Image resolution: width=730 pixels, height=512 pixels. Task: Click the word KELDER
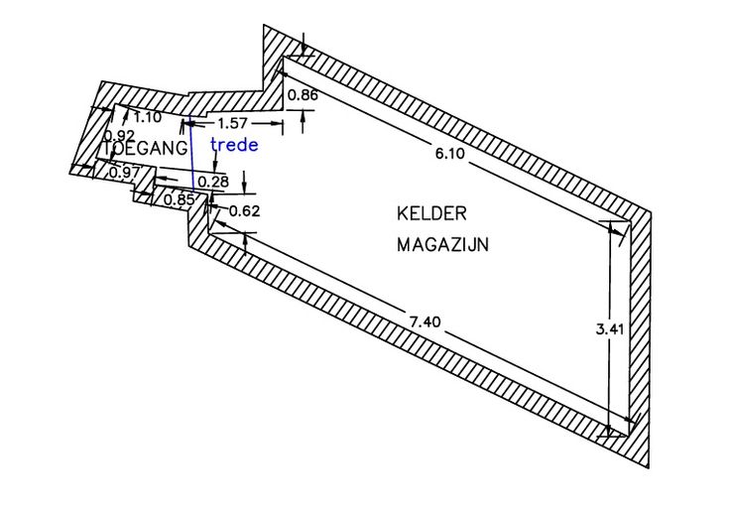coord(431,213)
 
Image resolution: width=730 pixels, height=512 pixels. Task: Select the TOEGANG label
coord(145,148)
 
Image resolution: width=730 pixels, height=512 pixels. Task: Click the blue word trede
coord(235,145)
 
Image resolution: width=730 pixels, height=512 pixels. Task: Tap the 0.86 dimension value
coord(302,96)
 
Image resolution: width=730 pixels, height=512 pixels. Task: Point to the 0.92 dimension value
coord(119,135)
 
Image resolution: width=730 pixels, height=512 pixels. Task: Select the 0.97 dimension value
coord(124,173)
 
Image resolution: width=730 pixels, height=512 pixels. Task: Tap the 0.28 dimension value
coord(213,181)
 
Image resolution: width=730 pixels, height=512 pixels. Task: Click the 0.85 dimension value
coord(179,198)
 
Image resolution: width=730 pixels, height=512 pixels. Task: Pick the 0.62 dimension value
coord(243,210)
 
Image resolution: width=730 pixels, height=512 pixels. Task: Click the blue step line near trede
coord(191,159)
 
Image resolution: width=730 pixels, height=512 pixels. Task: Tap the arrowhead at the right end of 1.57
coord(279,123)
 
